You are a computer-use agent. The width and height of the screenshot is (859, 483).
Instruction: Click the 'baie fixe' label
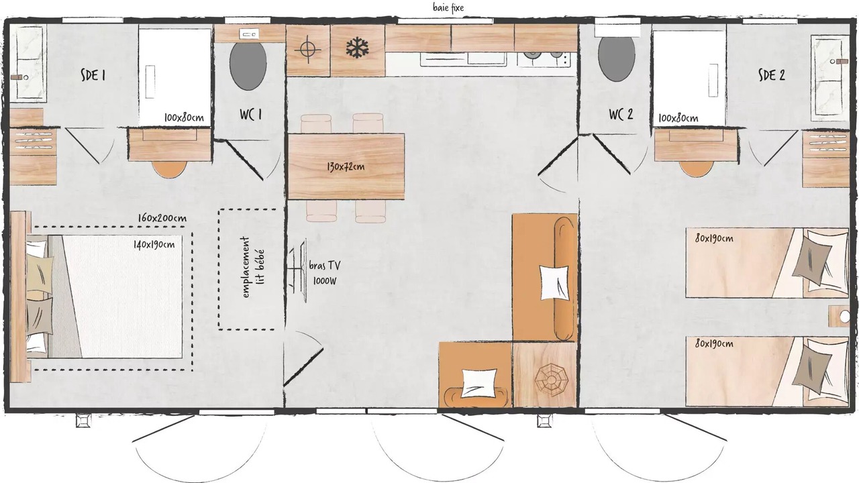pos(448,7)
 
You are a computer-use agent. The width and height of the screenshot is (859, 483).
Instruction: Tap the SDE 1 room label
pos(93,75)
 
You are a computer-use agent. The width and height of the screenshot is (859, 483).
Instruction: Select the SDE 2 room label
pos(772,74)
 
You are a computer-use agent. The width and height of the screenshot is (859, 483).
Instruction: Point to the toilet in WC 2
pos(616,58)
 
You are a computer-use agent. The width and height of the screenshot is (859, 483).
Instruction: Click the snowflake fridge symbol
pos(357,48)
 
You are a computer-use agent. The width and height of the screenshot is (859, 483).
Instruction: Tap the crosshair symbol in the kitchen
pos(307,50)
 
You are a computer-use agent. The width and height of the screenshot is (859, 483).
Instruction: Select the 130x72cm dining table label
pos(346,167)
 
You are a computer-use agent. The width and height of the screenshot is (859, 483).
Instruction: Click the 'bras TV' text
pos(324,266)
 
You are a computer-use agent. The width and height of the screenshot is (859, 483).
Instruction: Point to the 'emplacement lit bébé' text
pos(253,267)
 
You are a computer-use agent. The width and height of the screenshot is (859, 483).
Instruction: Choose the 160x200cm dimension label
pos(162,218)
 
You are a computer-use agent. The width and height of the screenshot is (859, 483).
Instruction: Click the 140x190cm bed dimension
pos(154,244)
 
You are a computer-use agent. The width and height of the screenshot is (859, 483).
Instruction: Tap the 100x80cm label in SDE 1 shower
pos(184,117)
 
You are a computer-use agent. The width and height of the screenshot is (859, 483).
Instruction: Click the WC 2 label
pos(621,114)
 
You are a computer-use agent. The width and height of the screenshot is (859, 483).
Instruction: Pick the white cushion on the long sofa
pos(554,282)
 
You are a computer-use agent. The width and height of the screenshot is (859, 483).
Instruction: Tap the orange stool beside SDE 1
pos(169,168)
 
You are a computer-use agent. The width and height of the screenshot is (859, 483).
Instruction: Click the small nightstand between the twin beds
pos(838,316)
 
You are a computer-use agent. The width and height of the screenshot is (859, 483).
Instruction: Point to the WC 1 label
pos(250,114)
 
